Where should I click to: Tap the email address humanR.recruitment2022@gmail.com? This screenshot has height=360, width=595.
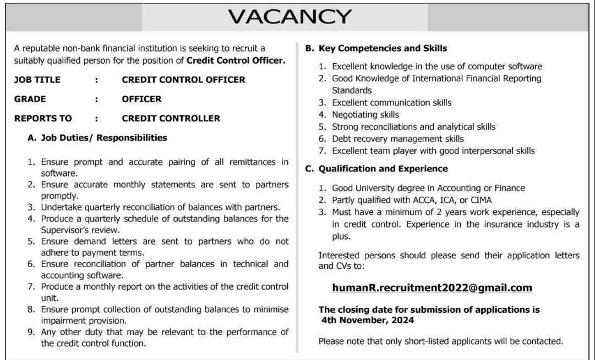click(x=432, y=287)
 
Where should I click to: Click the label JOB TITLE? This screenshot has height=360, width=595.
click(x=37, y=80)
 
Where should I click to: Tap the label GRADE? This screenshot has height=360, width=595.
click(x=30, y=99)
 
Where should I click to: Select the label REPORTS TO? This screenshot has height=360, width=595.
click(x=43, y=118)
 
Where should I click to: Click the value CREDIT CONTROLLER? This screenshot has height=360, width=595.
click(x=171, y=118)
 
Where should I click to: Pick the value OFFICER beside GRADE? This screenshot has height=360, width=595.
click(x=142, y=99)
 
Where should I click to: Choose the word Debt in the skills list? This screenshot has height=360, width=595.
click(x=342, y=139)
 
